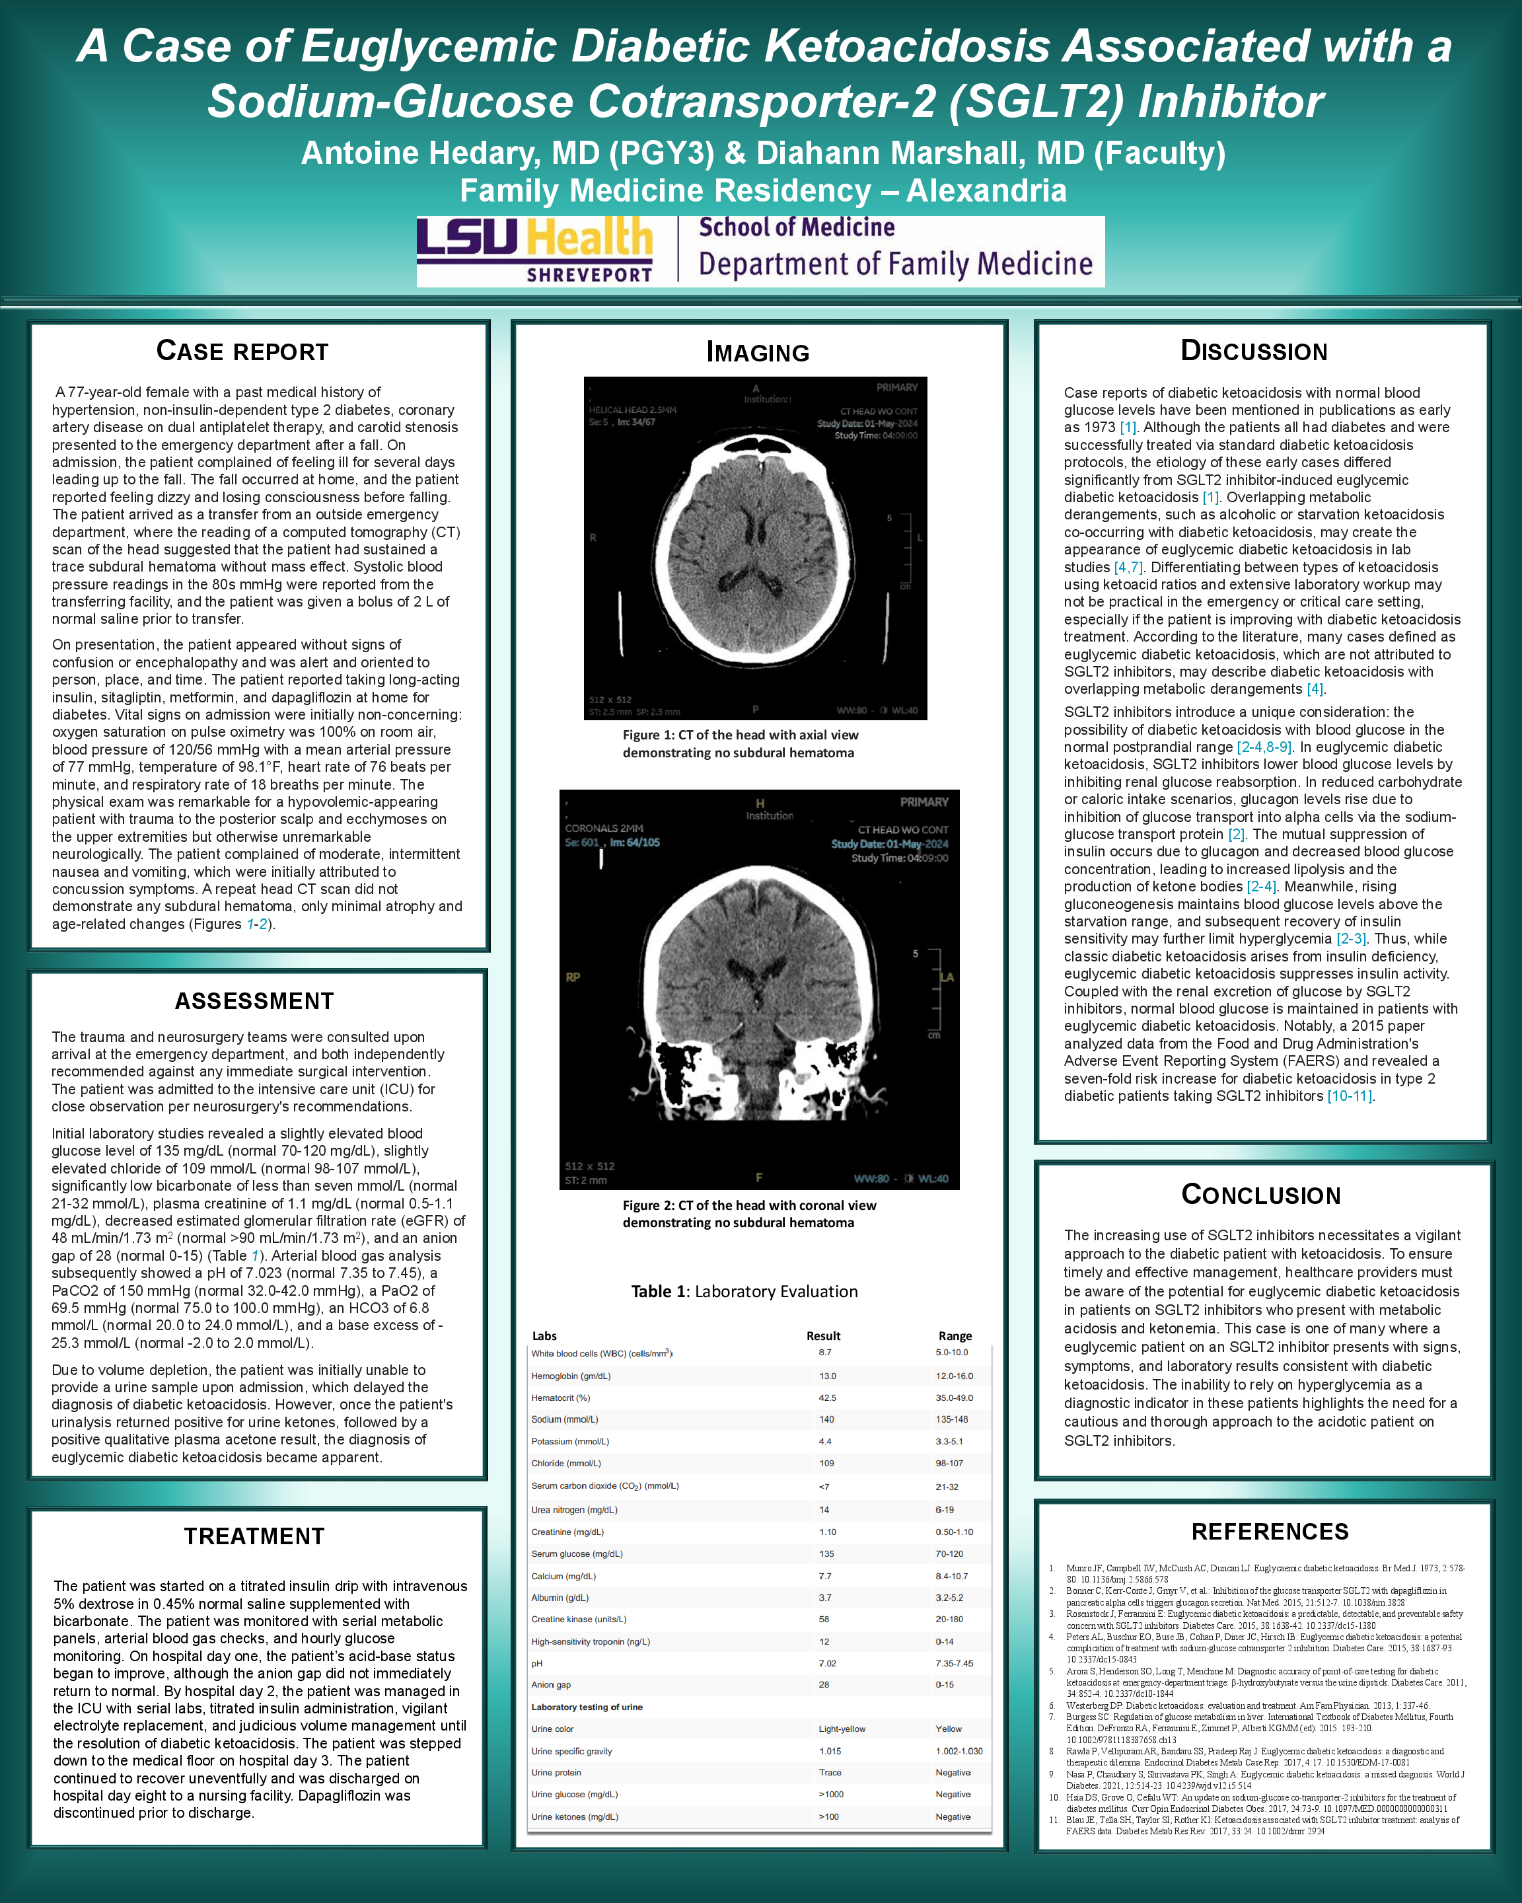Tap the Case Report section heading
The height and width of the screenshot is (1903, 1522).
tap(242, 352)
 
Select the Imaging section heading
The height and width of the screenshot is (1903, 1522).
tap(758, 352)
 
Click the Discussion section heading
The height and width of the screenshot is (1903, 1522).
tap(1254, 352)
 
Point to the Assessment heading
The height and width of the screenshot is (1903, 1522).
tap(254, 1001)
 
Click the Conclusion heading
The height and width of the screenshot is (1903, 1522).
tap(1261, 1195)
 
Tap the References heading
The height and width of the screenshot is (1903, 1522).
tap(1270, 1532)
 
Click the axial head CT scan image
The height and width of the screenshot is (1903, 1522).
tap(755, 548)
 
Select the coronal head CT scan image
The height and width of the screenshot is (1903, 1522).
tap(759, 989)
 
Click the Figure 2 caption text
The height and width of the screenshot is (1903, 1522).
tap(749, 1214)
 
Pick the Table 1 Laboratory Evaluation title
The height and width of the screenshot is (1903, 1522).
tap(744, 1291)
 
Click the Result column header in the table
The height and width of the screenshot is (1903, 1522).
tap(823, 1335)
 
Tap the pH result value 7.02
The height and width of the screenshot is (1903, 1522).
tap(827, 1663)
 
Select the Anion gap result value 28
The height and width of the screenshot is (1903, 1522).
tap(824, 1684)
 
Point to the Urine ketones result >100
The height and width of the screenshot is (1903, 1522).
tap(828, 1816)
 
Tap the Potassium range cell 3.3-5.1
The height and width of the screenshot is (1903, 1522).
tap(949, 1441)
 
